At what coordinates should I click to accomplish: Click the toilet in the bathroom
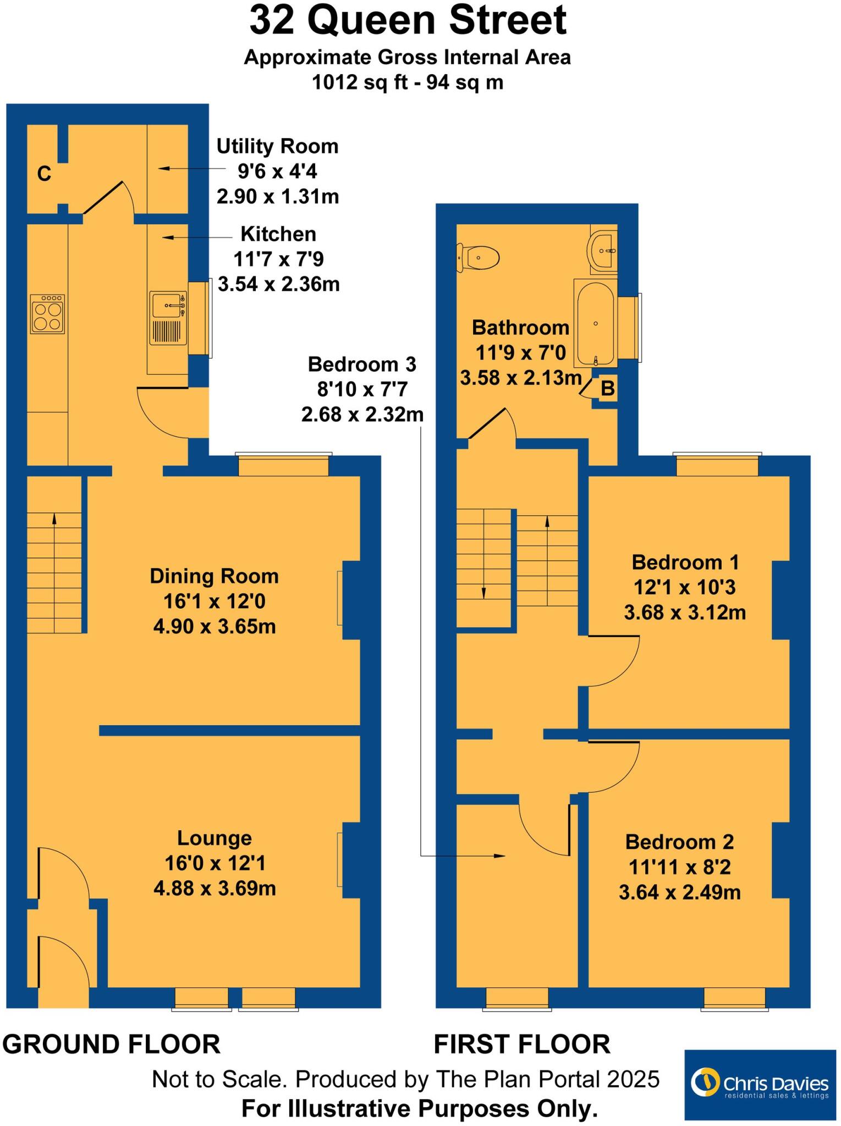479,257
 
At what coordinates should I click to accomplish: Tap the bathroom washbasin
603,250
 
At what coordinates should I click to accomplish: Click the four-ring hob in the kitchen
47,314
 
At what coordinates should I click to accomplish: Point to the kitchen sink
168,318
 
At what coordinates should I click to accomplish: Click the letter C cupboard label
44,174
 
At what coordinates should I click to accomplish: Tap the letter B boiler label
607,389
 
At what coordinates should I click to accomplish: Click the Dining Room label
214,576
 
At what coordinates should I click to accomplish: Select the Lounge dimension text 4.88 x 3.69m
215,888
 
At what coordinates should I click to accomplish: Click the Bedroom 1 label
685,562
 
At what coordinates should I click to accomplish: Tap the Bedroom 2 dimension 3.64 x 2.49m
679,892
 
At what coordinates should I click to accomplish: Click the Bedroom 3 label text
362,364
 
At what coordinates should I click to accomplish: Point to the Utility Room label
277,146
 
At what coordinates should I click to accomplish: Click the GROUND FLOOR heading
111,1044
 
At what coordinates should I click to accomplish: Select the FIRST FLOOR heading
521,1044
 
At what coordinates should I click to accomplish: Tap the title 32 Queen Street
408,21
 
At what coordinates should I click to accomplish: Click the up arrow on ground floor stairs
54,520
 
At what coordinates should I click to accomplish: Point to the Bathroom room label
520,328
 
